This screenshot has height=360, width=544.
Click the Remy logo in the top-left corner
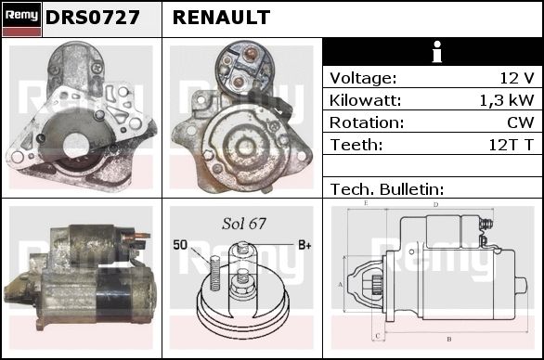coord(21,19)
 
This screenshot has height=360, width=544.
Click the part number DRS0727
coord(93,18)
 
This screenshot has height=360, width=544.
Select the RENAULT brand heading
coord(221,18)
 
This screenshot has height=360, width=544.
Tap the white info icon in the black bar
coord(437,52)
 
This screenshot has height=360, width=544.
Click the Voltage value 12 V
coord(517,78)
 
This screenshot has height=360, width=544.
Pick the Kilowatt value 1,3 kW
coord(507,100)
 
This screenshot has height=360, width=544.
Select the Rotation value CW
coord(521,122)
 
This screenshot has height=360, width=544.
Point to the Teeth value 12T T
coord(511,145)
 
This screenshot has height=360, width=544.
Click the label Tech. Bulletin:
coord(387,189)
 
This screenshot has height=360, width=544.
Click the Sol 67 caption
coord(244,224)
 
